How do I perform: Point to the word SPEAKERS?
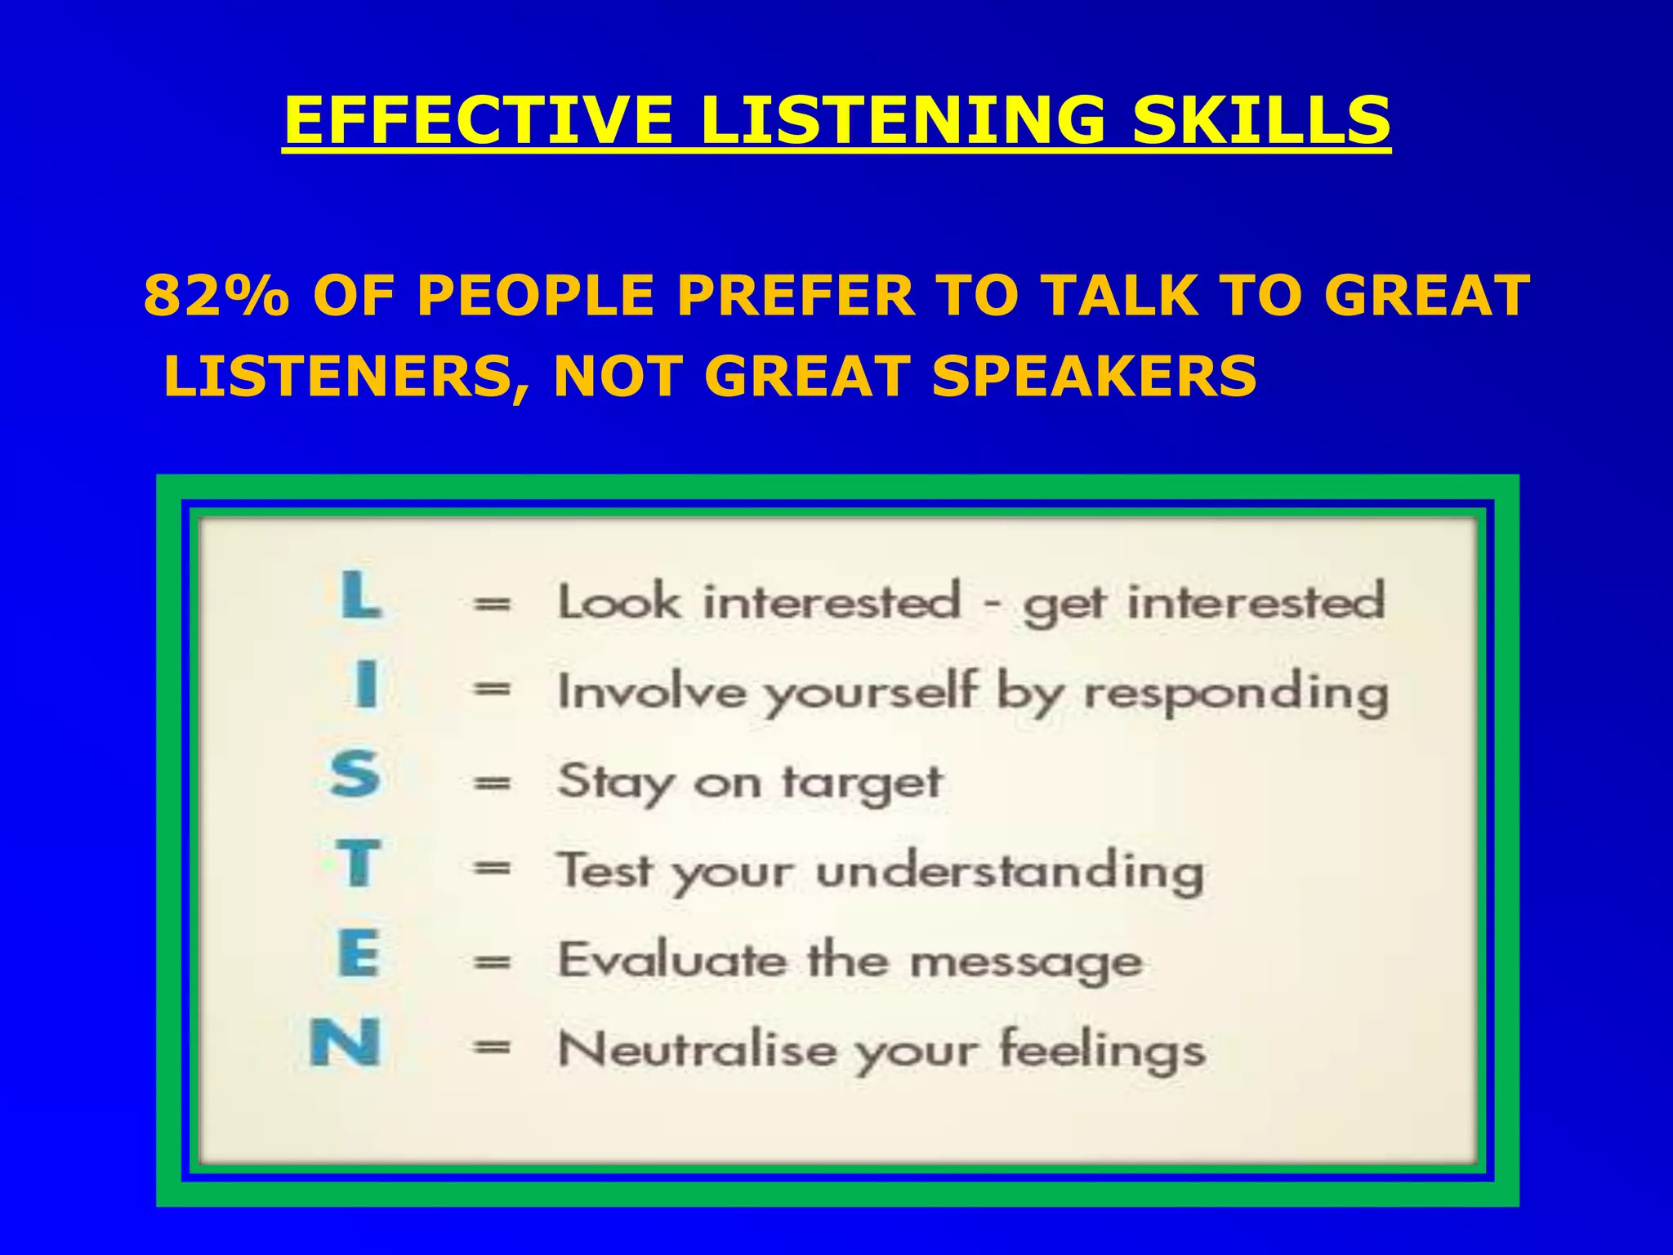[x=1094, y=376]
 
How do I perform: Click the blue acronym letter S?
[x=355, y=775]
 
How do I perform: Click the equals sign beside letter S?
[x=493, y=783]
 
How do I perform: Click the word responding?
[x=1236, y=694]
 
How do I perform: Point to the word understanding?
[x=1010, y=872]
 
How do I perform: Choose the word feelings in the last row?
[x=1102, y=1050]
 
